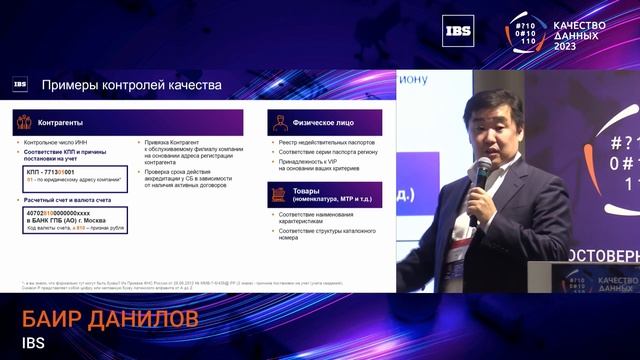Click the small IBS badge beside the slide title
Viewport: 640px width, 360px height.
(20, 86)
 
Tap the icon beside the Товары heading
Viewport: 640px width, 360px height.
(280, 193)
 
